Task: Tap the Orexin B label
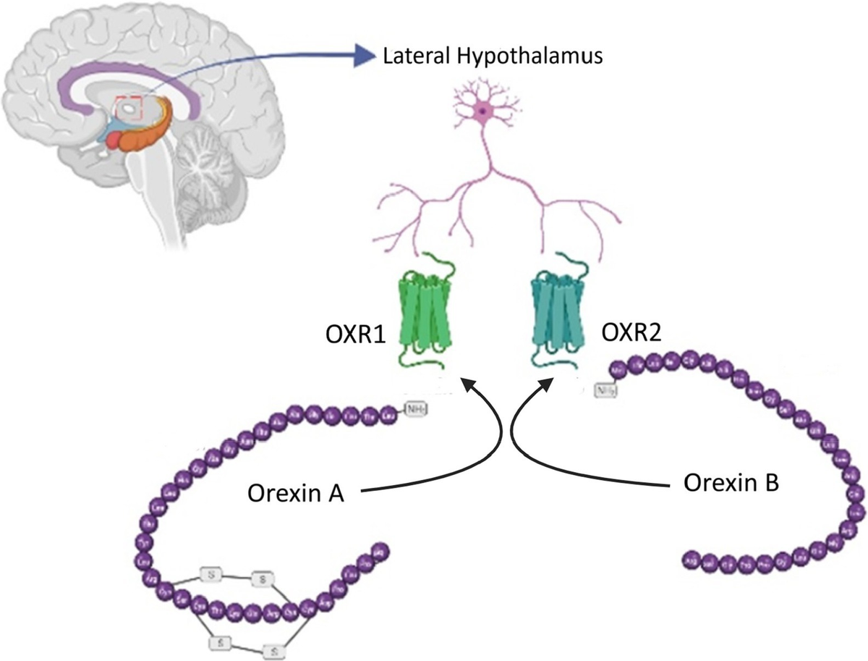[731, 484]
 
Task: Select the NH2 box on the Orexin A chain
[415, 410]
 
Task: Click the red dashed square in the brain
[131, 108]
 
